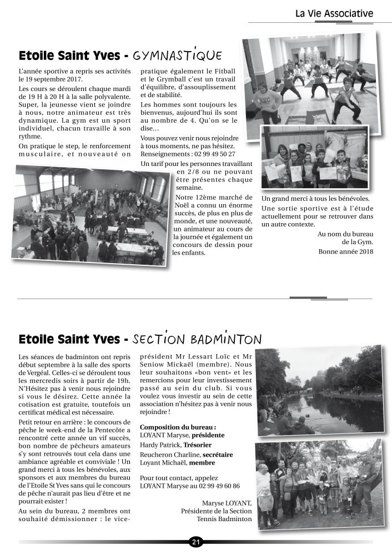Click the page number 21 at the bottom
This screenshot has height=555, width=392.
pos(195,542)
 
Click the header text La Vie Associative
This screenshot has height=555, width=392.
pos(334,13)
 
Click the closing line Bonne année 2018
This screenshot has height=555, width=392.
pos(346,251)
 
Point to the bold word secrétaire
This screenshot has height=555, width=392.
pos(214,455)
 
